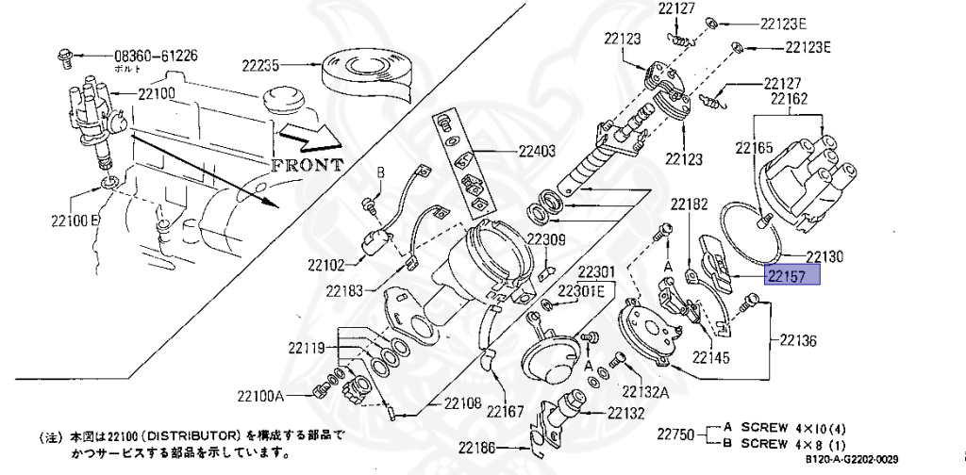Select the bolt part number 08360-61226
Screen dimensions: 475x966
coord(157,56)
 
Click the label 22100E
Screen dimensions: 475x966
coord(75,221)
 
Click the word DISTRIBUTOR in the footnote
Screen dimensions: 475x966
coord(197,437)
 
